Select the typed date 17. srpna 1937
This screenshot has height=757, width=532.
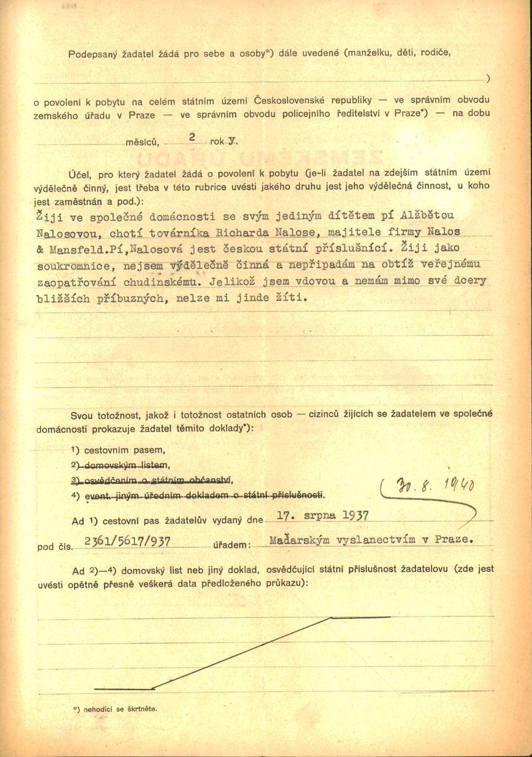pyautogui.click(x=322, y=516)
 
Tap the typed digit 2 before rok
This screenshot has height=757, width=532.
pyautogui.click(x=192, y=136)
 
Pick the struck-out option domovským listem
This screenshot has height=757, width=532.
pyautogui.click(x=122, y=465)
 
